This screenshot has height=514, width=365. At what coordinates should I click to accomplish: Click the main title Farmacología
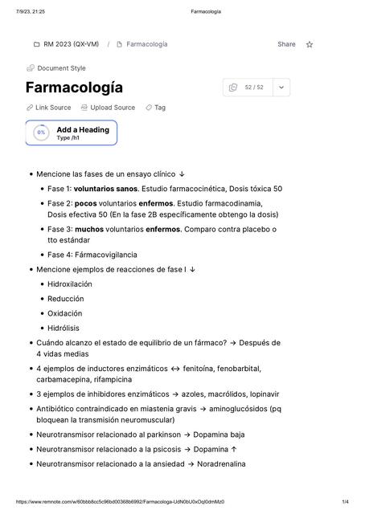click(x=74, y=87)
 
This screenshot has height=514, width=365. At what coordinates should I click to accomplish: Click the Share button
click(x=286, y=44)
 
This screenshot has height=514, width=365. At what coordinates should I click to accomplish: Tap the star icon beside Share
click(x=310, y=44)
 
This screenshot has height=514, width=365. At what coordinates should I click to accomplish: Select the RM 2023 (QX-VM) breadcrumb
click(x=71, y=44)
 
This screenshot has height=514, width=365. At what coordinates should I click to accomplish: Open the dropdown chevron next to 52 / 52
click(x=281, y=87)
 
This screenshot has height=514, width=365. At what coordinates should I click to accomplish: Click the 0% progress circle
click(x=41, y=133)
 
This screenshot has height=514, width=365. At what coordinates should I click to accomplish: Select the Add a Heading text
click(x=83, y=129)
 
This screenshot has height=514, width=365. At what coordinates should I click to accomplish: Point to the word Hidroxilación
click(x=70, y=284)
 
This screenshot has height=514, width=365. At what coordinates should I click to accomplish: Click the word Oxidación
click(x=64, y=313)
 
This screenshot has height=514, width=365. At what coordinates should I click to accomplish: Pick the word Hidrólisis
click(x=64, y=328)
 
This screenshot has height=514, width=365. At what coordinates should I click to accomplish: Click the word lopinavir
click(x=260, y=394)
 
